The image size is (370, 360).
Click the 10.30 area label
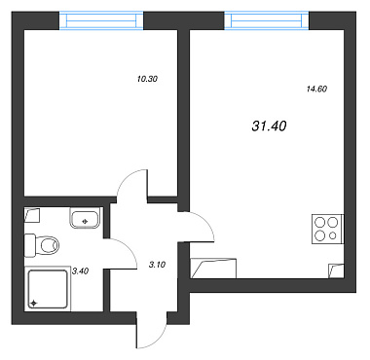coord(147,79)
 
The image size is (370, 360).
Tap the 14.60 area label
coord(316,89)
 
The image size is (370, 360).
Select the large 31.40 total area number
coord(269,126)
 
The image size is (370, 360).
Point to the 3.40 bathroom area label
coord(80,271)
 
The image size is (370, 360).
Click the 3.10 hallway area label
coord(157,265)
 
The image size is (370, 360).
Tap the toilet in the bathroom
coord(42,245)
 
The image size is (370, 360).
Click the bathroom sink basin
coord(85,218)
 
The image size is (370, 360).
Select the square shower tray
coord(48,288)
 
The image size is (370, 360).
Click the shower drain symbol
coord(33,303)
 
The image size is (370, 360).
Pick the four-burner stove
coord(327,229)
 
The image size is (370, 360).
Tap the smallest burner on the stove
coord(333,235)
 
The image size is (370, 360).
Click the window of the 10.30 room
coord(101,20)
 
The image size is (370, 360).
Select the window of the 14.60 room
coord(267,20)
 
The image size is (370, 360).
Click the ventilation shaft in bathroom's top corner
coord(32,215)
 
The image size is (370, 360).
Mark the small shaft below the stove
coord(336,271)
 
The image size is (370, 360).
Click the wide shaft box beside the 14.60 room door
coord(213,269)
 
